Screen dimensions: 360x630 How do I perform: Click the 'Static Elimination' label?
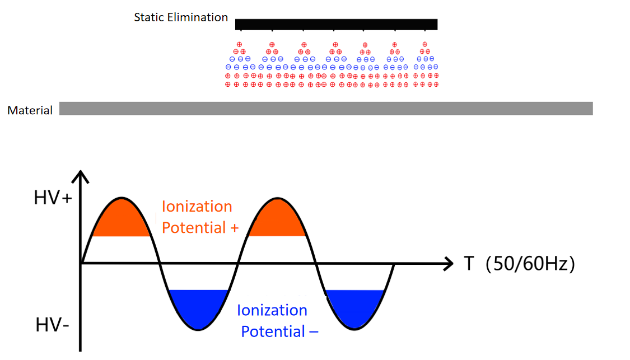(181, 17)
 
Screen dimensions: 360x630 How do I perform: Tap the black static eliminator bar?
(336, 24)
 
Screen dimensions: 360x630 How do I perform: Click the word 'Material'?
(30, 110)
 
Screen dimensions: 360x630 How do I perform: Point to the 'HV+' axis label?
(53, 199)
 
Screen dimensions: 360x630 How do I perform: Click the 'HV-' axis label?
(52, 325)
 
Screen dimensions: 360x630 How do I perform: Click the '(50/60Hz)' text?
(530, 264)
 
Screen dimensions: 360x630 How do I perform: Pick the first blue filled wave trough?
(198, 308)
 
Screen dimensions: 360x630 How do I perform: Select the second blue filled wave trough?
(355, 308)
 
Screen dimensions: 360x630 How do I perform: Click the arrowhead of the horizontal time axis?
(449, 263)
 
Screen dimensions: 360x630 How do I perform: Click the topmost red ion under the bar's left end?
(240, 44)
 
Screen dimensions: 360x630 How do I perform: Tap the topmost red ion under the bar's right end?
(425, 44)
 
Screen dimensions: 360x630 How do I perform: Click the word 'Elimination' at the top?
(199, 17)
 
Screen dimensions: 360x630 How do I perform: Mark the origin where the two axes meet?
(82, 263)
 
